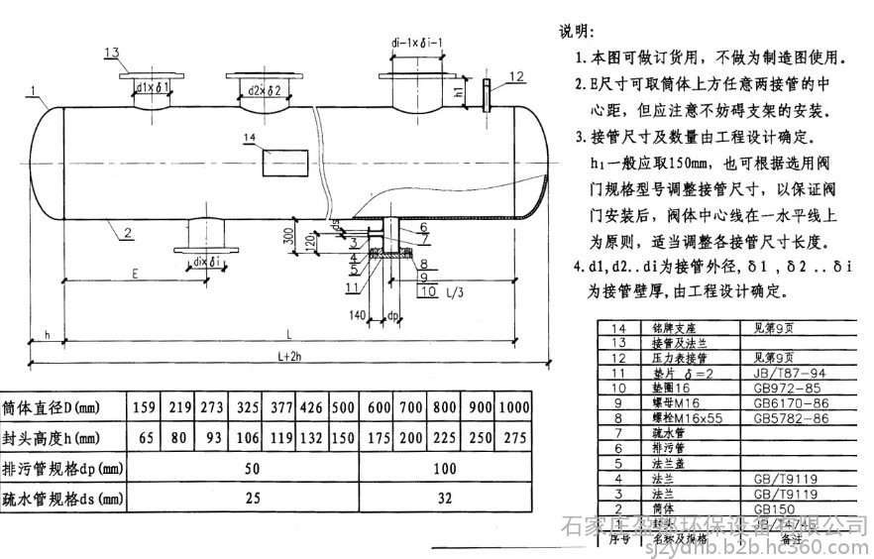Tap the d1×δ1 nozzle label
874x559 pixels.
pyautogui.click(x=155, y=88)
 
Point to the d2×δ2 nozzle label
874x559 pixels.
pyautogui.click(x=262, y=88)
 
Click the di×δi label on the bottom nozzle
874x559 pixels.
pyautogui.click(x=209, y=261)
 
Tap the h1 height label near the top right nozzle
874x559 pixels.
pyautogui.click(x=458, y=92)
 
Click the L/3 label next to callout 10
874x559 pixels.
pyautogui.click(x=455, y=291)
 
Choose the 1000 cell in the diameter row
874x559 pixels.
pyautogui.click(x=513, y=406)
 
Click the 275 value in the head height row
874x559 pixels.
pyautogui.click(x=513, y=437)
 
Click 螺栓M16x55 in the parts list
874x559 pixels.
pyautogui.click(x=685, y=419)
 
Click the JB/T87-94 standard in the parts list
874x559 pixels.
pyautogui.click(x=780, y=374)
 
